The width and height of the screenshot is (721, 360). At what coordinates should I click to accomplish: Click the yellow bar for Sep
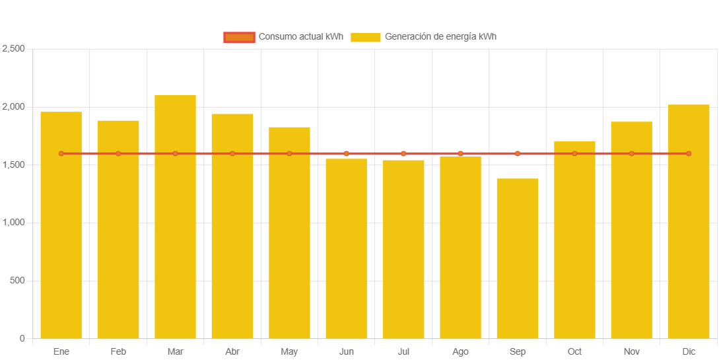tap(518, 258)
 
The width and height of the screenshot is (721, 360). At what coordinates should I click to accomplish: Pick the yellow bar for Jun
tap(346, 248)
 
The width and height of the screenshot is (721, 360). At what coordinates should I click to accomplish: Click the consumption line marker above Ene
tap(61, 154)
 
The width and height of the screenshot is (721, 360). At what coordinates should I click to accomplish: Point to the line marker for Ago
tap(460, 154)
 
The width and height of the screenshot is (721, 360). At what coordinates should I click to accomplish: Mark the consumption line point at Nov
tap(631, 154)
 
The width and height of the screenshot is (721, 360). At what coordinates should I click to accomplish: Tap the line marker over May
tap(289, 154)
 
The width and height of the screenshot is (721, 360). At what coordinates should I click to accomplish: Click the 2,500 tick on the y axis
tap(14, 49)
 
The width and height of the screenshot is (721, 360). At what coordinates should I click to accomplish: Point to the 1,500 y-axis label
tap(14, 164)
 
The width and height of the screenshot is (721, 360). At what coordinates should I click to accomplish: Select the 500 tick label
tap(17, 281)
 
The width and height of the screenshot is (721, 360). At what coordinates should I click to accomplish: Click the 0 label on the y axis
tap(22, 338)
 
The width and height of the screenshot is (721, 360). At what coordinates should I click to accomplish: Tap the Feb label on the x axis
tap(118, 352)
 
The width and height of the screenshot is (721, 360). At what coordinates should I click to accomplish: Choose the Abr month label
tap(232, 352)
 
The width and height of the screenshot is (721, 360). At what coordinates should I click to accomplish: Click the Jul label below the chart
tap(403, 352)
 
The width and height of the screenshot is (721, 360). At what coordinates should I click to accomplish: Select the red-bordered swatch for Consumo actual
tap(239, 37)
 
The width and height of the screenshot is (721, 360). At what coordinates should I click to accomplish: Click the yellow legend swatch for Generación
tap(366, 37)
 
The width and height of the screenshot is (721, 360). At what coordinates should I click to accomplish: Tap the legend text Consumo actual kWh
tap(301, 37)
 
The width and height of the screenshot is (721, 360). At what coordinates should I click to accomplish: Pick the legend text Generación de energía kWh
tap(440, 37)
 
